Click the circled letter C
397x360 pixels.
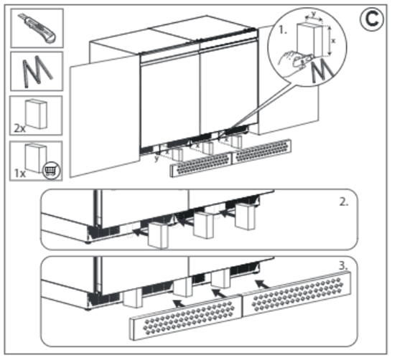(x=371, y=19)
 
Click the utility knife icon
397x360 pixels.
(x=37, y=28)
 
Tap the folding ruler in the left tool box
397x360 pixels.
(x=37, y=71)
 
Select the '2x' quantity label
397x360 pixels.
(x=19, y=128)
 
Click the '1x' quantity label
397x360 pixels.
(x=19, y=174)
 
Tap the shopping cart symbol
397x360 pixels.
(x=52, y=170)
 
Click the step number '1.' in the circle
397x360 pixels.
(x=283, y=30)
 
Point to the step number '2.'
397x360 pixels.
(x=344, y=202)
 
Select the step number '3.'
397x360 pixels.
(x=344, y=266)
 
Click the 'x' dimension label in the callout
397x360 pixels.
(x=333, y=40)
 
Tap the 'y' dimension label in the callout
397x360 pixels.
(x=314, y=14)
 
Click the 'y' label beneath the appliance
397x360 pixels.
(x=157, y=158)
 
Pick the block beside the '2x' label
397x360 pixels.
(x=36, y=114)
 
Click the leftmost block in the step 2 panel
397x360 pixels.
(x=158, y=235)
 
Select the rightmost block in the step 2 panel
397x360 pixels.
(x=245, y=217)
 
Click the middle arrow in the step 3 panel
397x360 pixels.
(x=220, y=293)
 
